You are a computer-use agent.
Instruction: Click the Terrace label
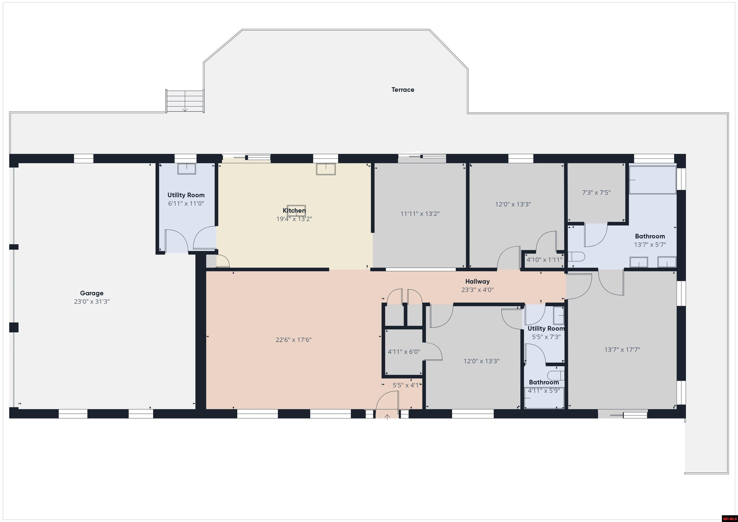coord(403,90)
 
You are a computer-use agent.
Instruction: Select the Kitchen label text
coord(294,210)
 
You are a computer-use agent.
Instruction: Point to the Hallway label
coord(477,282)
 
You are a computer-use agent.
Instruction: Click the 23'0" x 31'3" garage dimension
coord(92,301)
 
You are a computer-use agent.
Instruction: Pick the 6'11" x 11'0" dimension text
coord(186,203)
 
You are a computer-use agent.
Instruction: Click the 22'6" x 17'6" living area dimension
coord(294,340)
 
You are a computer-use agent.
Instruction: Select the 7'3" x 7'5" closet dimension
coord(596,192)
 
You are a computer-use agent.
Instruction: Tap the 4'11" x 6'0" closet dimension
coord(404,352)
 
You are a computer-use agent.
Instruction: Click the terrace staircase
coord(185,101)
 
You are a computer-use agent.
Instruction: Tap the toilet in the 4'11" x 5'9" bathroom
coord(556,375)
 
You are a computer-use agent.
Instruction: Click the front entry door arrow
coord(387,417)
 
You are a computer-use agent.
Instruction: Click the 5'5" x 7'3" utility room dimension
coord(546,337)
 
